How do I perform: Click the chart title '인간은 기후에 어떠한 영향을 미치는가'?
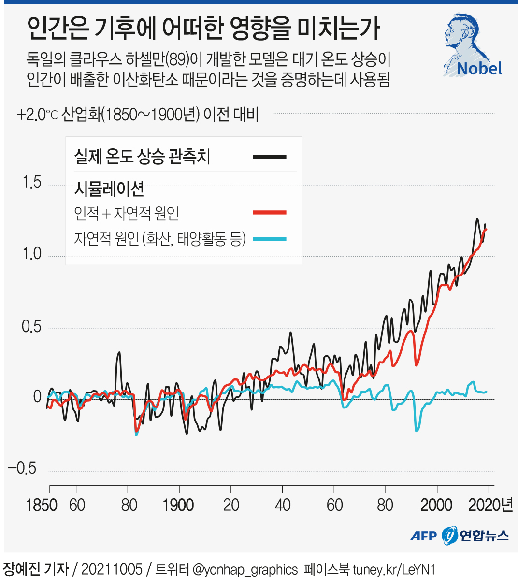point(203,29)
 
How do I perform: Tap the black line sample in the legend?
point(270,157)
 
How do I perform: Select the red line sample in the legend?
point(270,212)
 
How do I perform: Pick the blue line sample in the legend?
point(270,239)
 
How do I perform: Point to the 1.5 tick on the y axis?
point(32,183)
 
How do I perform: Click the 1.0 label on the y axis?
point(32,254)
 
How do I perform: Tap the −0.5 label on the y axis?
point(22,468)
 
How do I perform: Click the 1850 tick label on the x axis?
point(42,505)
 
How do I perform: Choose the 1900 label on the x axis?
point(178,505)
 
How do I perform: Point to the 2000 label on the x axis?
point(436,505)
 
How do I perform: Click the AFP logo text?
point(423,536)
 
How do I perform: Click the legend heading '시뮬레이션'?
point(109,189)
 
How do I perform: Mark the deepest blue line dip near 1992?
point(417,430)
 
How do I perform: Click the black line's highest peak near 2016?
point(477,219)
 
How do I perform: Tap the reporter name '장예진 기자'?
point(36,569)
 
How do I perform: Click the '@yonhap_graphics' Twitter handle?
point(245,569)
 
